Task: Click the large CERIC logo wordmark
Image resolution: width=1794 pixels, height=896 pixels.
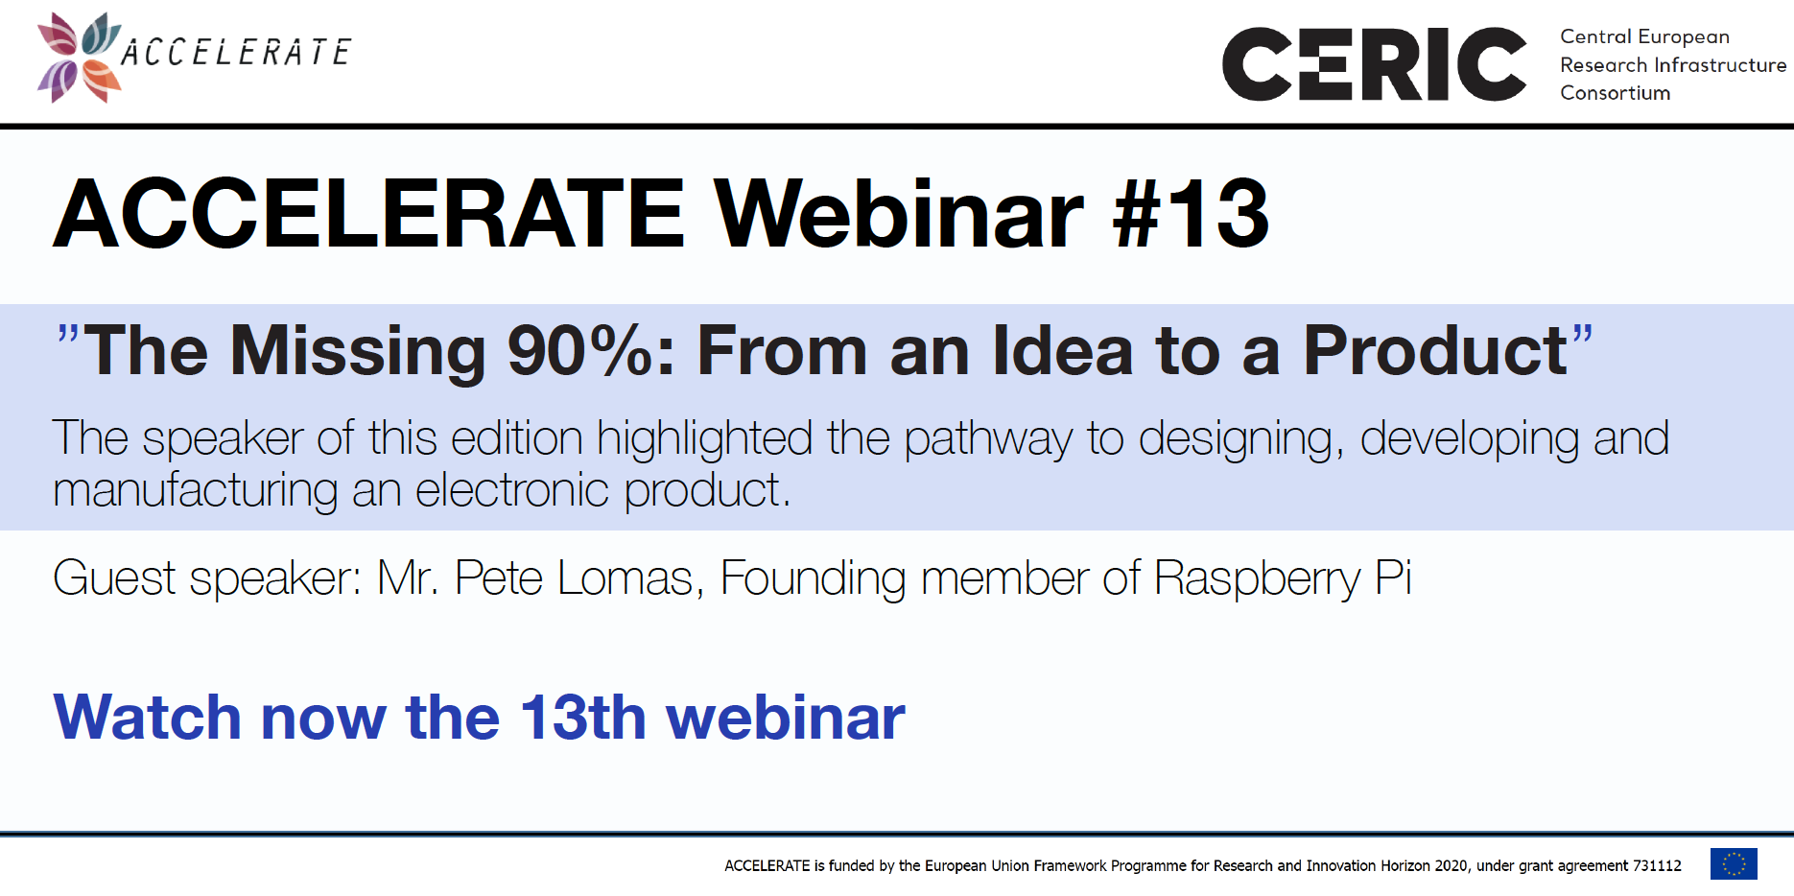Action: pos(1374,64)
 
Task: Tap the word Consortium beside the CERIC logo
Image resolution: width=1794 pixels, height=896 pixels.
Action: pos(1616,93)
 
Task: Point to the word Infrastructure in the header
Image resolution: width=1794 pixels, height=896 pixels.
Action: pos(1721,65)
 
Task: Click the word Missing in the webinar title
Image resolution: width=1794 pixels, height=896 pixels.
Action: pos(358,351)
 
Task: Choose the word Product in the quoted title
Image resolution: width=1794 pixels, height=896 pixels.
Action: pos(1435,350)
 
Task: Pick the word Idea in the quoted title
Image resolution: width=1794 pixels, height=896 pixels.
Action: pos(1063,350)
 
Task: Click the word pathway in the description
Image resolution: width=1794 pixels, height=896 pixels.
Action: pos(988,440)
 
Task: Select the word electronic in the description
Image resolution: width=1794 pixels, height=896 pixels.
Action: pos(512,489)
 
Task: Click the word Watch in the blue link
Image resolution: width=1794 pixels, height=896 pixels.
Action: pos(147,718)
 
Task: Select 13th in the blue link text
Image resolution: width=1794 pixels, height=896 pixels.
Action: pos(583,718)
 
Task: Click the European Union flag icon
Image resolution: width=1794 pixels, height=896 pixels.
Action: pos(1734,864)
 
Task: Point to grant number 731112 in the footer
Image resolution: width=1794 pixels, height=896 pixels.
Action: pos(1657,865)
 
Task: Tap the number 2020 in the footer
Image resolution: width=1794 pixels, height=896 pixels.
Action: pos(1451,865)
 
